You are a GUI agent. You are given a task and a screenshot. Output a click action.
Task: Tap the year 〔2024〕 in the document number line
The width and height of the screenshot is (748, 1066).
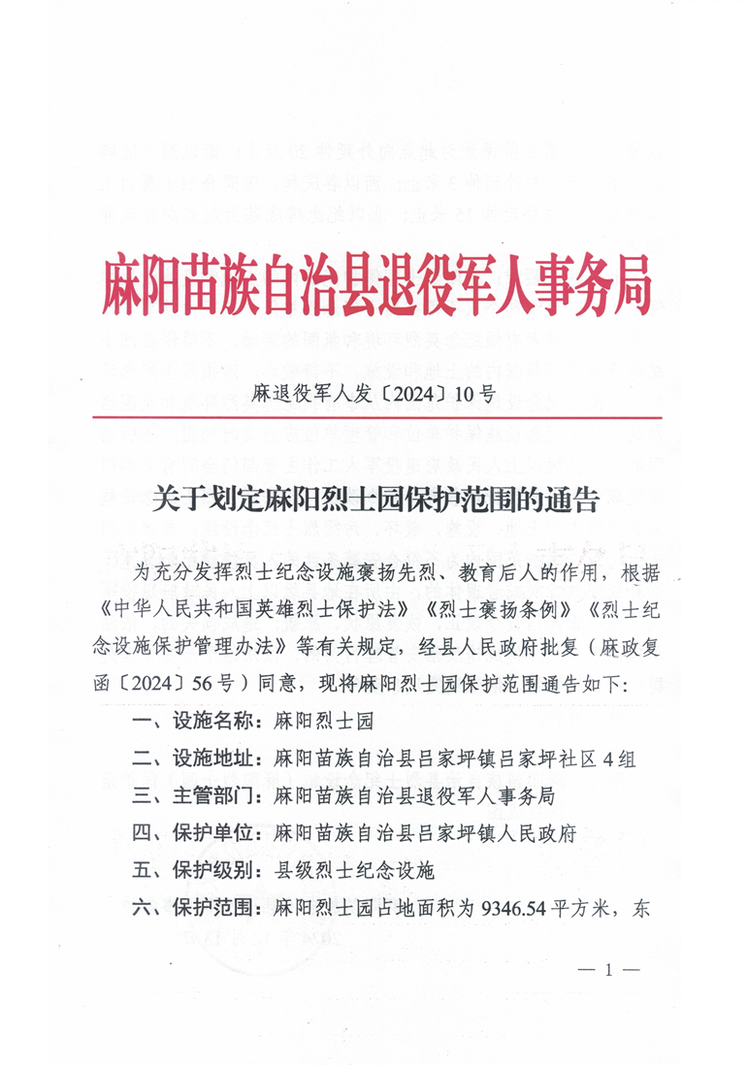(x=418, y=394)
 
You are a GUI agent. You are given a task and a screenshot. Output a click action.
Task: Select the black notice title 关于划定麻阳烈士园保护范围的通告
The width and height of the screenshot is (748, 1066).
(x=374, y=501)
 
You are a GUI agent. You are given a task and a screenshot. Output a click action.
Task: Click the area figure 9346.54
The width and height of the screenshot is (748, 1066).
(x=510, y=909)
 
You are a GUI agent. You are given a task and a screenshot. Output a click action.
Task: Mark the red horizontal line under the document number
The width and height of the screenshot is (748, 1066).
(x=374, y=417)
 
